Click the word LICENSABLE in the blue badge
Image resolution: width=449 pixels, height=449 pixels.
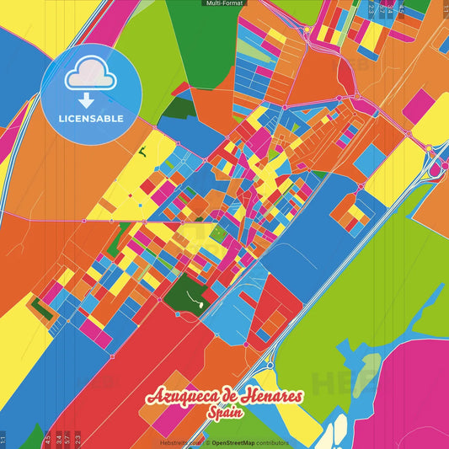pos(91,118)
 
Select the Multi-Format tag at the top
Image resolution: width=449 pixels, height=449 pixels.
pos(224,3)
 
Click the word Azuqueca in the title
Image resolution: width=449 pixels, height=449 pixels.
pos(184,398)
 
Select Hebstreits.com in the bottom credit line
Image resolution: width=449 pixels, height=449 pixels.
pos(179,442)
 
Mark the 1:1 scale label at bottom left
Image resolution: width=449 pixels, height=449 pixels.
pos(3,439)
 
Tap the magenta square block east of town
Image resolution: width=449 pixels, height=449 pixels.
pos(418,106)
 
